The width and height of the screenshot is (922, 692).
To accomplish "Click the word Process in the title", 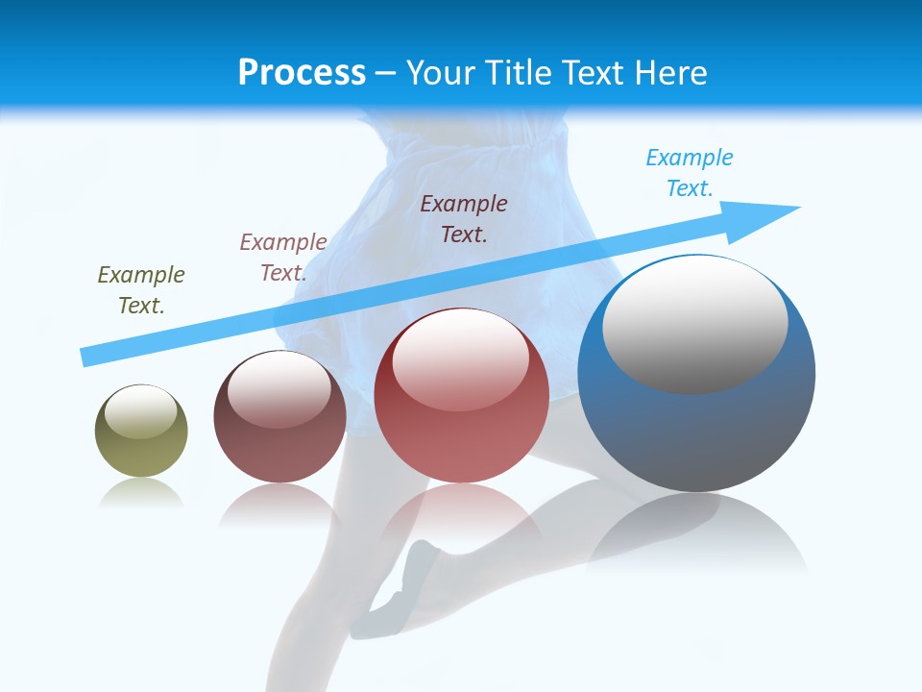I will point(302,73).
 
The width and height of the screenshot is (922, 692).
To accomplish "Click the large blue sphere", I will point(696,432).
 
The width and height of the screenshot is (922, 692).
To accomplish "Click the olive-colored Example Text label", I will point(141,290).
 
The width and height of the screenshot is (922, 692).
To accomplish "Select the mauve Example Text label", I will point(283,258).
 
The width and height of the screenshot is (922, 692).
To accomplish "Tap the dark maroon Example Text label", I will point(464,218).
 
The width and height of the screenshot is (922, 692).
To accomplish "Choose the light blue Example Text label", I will point(690,173).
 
